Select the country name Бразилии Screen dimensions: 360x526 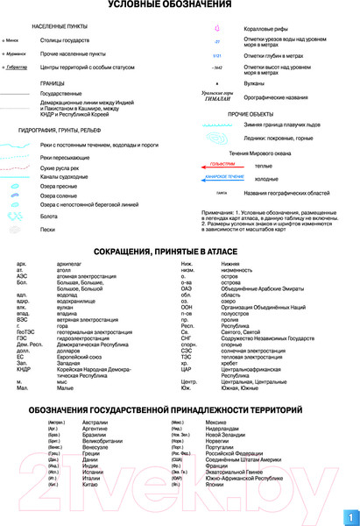coord(95,435)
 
